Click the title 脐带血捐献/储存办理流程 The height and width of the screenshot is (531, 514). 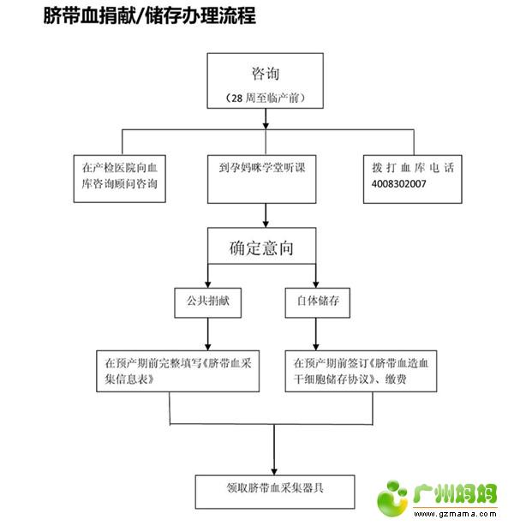click(x=150, y=15)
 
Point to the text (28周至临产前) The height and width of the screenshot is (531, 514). click(x=266, y=98)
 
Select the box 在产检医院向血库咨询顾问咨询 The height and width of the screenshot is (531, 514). click(x=119, y=176)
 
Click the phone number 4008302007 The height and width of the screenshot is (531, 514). click(x=400, y=184)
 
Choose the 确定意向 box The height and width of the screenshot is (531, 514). click(x=262, y=248)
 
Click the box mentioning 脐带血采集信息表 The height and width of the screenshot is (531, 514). click(x=170, y=369)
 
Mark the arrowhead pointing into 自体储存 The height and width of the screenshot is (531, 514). click(x=316, y=284)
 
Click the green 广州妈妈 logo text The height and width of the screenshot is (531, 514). click(x=457, y=494)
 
